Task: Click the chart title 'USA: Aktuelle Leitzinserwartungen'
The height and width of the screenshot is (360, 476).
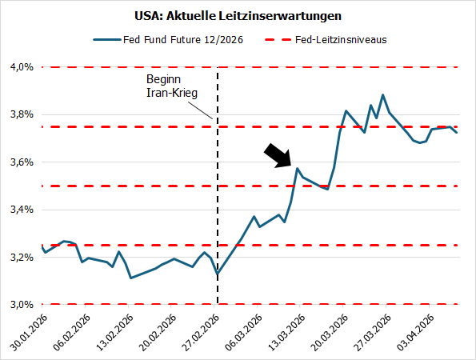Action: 238,15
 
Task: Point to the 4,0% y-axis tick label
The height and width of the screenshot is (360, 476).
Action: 21,67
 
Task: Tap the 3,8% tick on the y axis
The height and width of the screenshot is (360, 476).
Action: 21,114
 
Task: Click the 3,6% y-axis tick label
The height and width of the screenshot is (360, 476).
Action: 21,162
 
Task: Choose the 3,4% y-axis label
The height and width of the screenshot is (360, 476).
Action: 21,210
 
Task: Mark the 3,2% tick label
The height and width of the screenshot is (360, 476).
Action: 21,257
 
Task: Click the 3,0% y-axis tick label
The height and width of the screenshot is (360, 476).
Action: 21,304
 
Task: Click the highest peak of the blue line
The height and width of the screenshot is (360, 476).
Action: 383,95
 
